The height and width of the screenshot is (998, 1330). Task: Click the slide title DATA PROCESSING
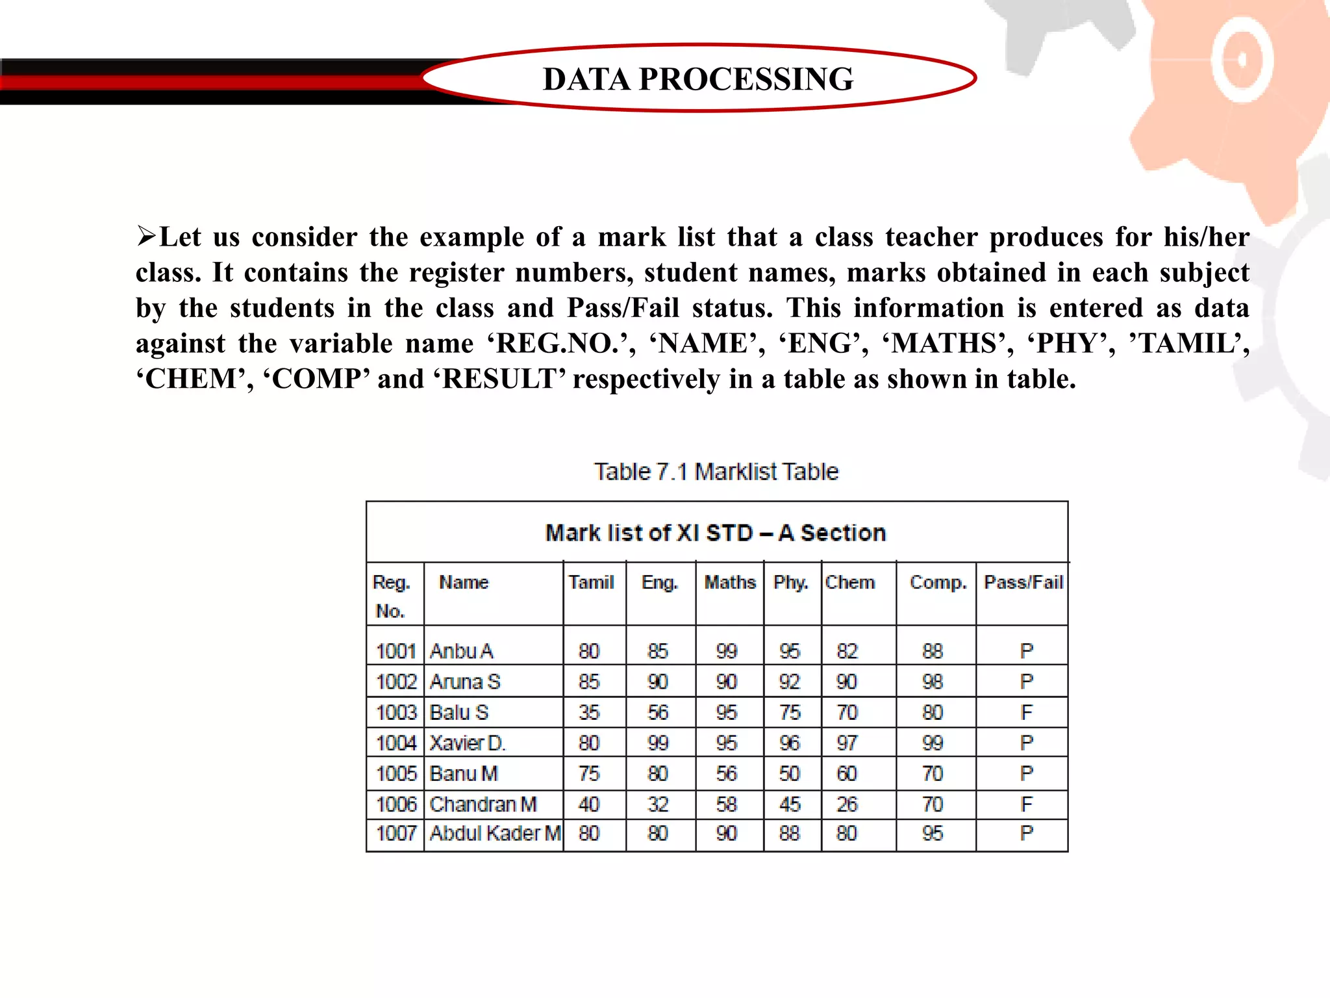[x=698, y=79]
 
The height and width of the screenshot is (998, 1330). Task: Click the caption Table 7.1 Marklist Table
[x=716, y=472]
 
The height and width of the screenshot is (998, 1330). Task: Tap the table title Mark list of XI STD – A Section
[x=716, y=533]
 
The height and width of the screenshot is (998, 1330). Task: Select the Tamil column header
[x=591, y=582]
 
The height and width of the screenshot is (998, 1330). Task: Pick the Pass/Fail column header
[x=1023, y=582]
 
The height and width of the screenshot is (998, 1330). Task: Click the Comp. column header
[x=938, y=582]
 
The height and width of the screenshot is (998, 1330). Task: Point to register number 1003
[x=396, y=713]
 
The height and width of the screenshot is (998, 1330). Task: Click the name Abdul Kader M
[x=495, y=834]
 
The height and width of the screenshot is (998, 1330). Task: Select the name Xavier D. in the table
[x=468, y=743]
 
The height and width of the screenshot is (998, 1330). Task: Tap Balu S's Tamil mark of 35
[x=589, y=713]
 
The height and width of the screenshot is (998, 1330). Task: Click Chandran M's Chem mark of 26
[x=847, y=805]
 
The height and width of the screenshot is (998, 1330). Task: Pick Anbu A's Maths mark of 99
[x=727, y=651]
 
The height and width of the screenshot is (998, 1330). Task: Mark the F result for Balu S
[x=1026, y=713]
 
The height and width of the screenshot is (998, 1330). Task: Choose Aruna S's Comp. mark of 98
[x=933, y=682]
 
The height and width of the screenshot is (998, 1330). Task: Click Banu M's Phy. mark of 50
[x=790, y=774]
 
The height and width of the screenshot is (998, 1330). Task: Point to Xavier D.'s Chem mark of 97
[x=847, y=743]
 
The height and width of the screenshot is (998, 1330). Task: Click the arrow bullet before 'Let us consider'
[x=146, y=236]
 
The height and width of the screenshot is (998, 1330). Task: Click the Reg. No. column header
[x=391, y=596]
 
